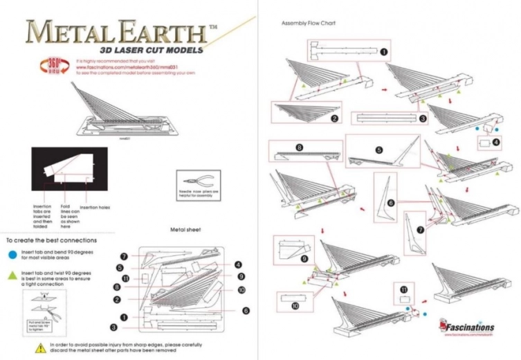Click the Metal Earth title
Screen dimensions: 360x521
pos(114,30)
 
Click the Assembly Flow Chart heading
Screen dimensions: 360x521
pos(309,23)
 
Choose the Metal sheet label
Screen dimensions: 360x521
pos(185,229)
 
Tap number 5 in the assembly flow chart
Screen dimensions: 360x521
pos(379,150)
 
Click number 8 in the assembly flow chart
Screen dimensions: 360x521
pos(299,147)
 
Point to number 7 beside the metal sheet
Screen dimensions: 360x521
pos(123,257)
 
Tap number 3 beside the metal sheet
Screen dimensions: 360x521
pos(113,326)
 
